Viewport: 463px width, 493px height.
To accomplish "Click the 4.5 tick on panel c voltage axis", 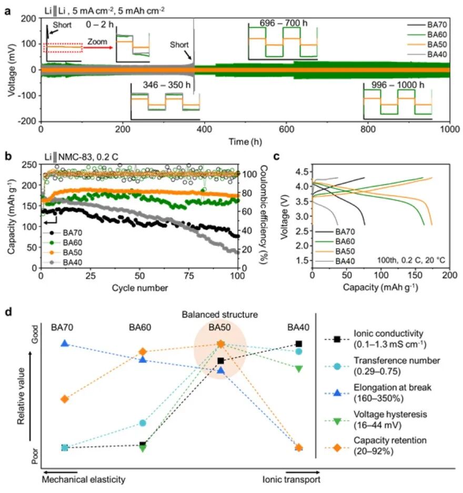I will (302, 172).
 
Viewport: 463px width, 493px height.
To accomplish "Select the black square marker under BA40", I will (299, 344).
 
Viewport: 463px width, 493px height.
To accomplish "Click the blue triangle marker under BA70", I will (65, 343).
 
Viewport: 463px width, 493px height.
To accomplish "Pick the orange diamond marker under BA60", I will (143, 351).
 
